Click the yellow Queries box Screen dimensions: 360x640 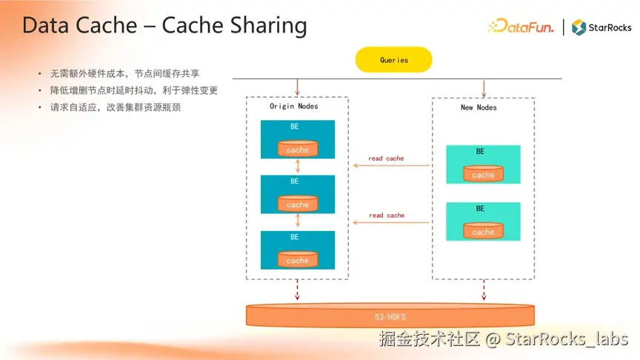pos(393,60)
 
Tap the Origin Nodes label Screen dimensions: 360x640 pos(293,107)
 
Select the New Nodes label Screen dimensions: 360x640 pos(479,107)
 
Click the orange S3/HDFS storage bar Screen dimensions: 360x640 pos(390,316)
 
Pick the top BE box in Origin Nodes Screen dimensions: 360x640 pos(297,139)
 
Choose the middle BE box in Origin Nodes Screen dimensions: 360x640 pos(297,193)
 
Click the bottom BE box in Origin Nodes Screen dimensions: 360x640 pos(297,250)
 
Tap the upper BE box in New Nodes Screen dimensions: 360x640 pos(483,164)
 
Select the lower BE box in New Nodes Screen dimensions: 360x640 pos(483,221)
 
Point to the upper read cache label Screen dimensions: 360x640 pos(387,159)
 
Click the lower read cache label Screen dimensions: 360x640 pos(387,216)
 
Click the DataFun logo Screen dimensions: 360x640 pos(521,27)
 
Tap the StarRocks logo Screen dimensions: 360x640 pos(601,27)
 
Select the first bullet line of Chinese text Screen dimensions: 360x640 pos(124,74)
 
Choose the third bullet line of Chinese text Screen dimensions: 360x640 pos(116,107)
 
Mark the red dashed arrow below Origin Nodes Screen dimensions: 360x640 pos(297,289)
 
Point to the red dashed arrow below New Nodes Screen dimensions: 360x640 pos(483,289)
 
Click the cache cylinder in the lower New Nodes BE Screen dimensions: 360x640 pos(483,231)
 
